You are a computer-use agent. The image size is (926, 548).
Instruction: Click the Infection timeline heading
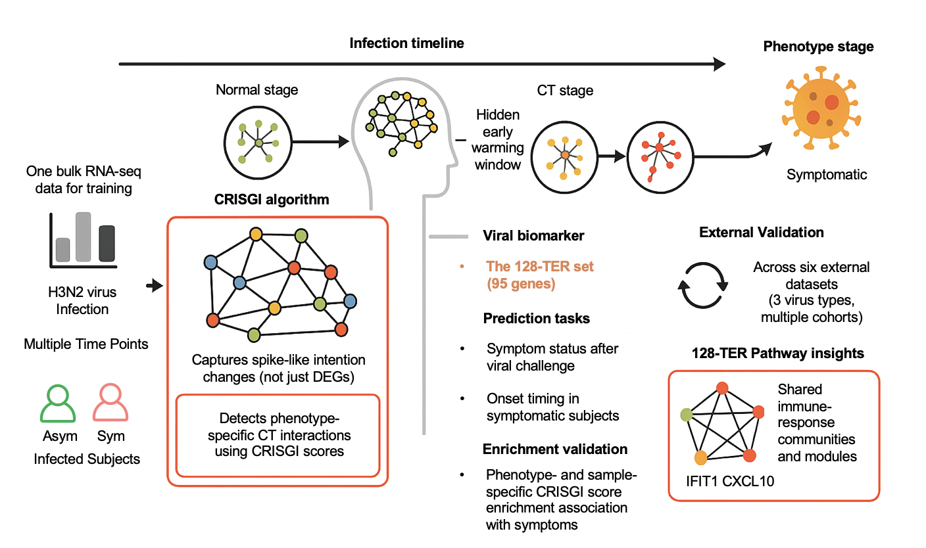click(406, 43)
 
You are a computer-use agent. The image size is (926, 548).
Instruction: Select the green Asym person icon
click(59, 403)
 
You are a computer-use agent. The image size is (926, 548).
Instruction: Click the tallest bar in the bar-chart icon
click(83, 236)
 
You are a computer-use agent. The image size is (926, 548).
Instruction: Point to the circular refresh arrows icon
click(703, 286)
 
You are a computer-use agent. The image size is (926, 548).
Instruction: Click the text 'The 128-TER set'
click(539, 267)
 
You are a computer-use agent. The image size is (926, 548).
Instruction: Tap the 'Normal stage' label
click(256, 90)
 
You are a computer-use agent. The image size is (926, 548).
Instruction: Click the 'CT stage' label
click(565, 91)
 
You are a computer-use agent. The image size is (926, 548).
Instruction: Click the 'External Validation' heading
click(762, 233)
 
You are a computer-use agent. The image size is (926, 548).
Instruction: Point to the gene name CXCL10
click(748, 481)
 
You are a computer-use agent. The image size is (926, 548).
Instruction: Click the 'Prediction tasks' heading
click(536, 319)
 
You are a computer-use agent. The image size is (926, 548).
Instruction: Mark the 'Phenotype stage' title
click(818, 47)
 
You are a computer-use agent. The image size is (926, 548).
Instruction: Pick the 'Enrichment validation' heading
click(554, 449)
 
